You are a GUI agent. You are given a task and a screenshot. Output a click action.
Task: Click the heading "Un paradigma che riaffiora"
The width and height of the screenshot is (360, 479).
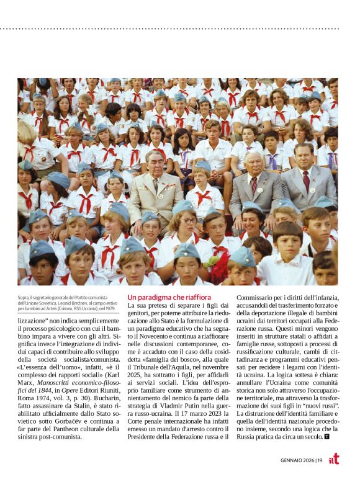pos(169,297)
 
